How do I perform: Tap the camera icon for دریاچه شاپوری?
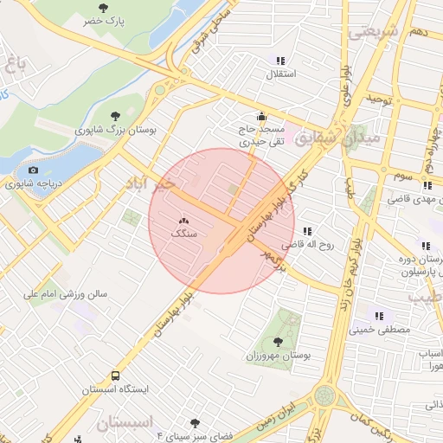(x=34, y=170)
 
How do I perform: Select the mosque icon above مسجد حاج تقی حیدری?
(x=261, y=116)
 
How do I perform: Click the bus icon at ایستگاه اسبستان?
(x=116, y=376)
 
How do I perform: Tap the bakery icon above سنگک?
(x=183, y=222)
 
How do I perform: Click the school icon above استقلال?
(x=280, y=61)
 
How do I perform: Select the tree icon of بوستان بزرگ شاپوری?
(x=116, y=115)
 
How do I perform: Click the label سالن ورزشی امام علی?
(x=65, y=294)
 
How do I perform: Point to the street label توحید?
(x=383, y=100)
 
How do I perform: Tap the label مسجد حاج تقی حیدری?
(x=261, y=134)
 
